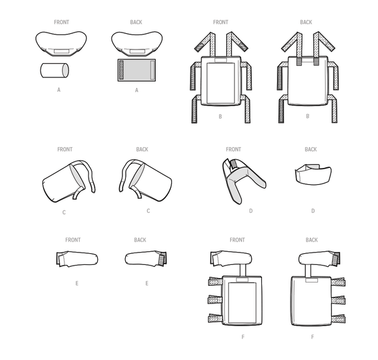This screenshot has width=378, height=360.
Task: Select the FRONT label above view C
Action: coord(65,150)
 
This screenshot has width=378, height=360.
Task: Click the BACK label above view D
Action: coord(311,150)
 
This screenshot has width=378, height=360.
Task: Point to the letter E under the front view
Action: coord(77,284)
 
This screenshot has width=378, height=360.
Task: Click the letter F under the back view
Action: coord(312,337)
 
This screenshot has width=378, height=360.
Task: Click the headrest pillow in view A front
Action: coord(62,43)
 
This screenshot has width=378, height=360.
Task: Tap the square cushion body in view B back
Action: coord(306,81)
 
